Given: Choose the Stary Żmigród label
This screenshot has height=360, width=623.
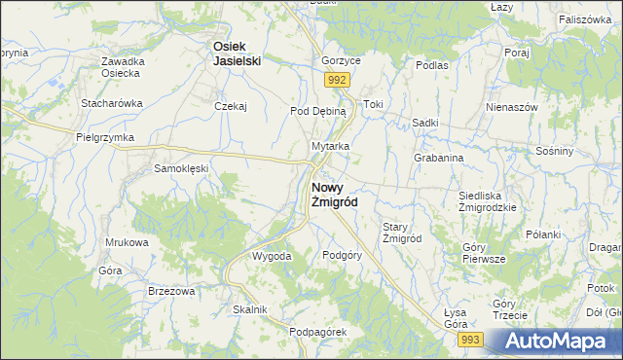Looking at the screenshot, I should [401, 233].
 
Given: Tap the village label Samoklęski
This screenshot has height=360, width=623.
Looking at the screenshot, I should [182, 168].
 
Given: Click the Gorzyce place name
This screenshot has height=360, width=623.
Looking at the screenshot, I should [342, 60].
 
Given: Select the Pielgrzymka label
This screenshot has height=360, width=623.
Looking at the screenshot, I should [104, 138].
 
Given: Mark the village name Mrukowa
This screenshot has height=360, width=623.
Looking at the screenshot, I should [128, 242].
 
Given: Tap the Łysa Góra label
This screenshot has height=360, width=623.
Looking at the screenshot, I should [455, 318].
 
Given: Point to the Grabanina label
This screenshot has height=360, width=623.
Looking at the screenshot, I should [438, 157].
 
